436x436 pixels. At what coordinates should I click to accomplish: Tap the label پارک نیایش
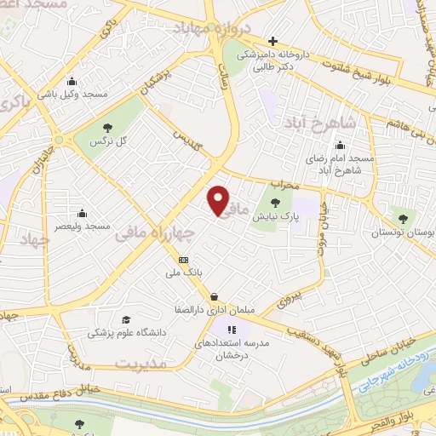tap(274, 218)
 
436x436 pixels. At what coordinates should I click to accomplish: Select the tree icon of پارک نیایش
tap(274, 203)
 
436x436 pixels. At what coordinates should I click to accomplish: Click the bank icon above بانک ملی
tap(182, 259)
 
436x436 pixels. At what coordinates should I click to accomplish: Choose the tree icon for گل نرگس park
tap(103, 127)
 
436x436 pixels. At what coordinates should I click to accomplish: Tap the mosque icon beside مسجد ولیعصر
tap(82, 213)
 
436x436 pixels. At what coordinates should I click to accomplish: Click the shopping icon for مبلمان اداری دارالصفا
tap(212, 297)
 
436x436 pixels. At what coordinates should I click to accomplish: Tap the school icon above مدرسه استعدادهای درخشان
tap(230, 329)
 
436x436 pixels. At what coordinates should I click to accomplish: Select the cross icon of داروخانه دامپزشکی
tap(272, 40)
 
